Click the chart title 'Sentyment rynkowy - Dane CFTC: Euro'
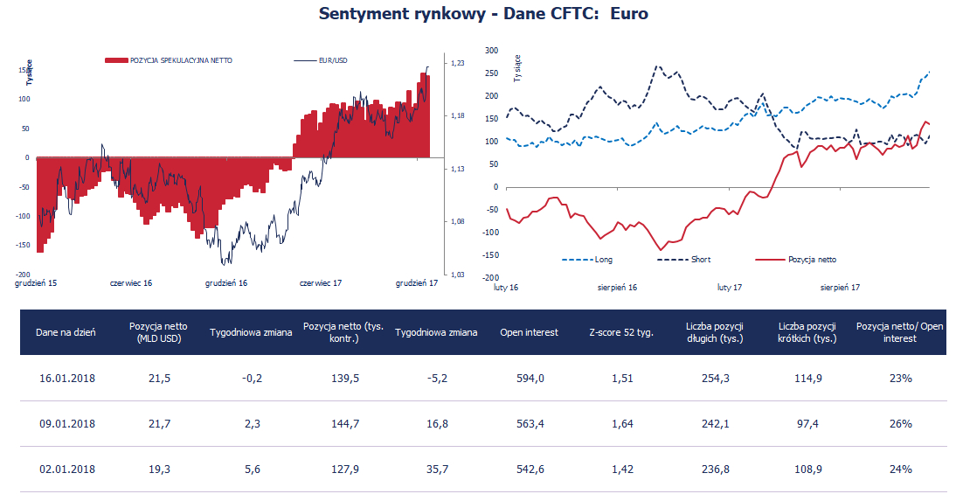click(x=483, y=14)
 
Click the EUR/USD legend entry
click(x=333, y=60)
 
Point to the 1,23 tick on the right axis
click(x=457, y=63)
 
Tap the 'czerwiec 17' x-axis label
click(x=320, y=283)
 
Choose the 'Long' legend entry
click(x=603, y=260)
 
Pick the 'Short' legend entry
click(x=701, y=260)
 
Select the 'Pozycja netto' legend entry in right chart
click(x=812, y=260)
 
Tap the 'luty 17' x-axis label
click(x=730, y=287)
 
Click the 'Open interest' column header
click(x=529, y=332)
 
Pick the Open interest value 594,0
click(x=530, y=379)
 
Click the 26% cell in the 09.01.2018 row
click(x=899, y=424)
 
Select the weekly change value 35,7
click(x=436, y=470)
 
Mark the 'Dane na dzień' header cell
click(x=66, y=332)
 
